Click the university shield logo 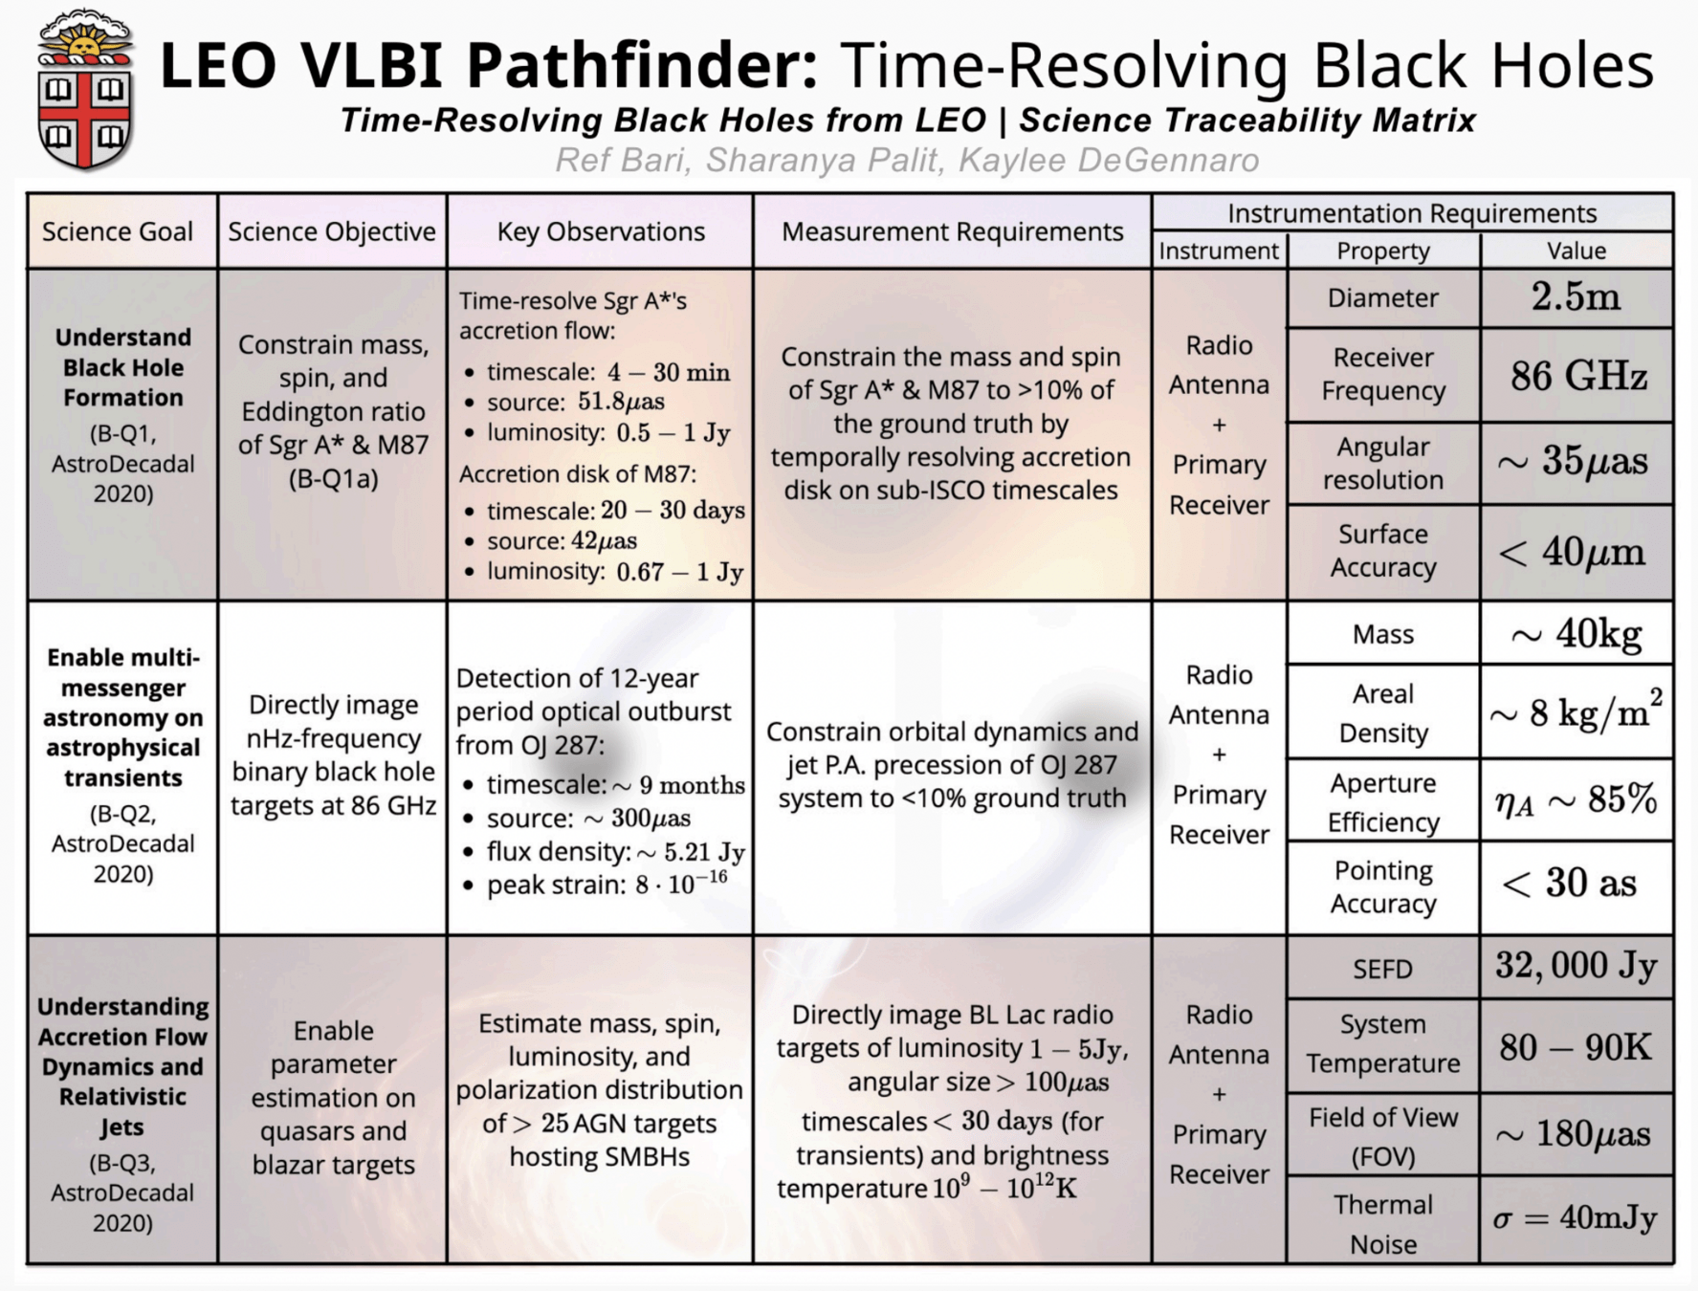point(84,91)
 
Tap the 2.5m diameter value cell point(1576,297)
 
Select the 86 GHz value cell point(1576,376)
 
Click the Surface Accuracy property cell point(1382,551)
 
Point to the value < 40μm point(1576,552)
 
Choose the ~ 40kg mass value point(1576,633)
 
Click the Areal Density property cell point(1382,712)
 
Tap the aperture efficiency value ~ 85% point(1576,799)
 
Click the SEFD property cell point(1382,969)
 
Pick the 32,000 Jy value point(1576,966)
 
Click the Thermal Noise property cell point(1382,1224)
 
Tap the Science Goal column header point(118,231)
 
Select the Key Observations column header point(601,231)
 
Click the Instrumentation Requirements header point(1412,212)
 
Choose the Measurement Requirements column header point(952,231)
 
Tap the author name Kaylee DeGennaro point(1109,160)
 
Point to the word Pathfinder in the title point(642,65)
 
